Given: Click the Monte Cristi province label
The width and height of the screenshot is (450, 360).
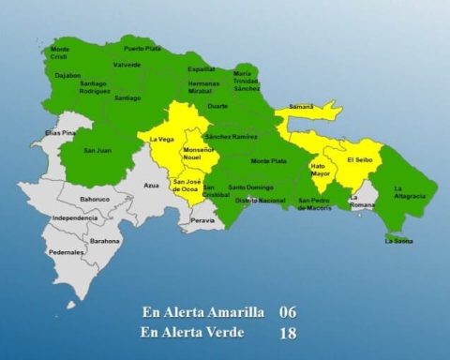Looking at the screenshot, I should [60, 52].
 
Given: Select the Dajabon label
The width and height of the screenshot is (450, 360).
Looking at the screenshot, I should [67, 74].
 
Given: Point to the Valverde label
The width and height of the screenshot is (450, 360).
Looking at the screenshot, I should [127, 65].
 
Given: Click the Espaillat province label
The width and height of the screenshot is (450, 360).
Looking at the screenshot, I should [201, 68].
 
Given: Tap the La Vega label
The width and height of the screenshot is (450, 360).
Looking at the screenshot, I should [161, 140].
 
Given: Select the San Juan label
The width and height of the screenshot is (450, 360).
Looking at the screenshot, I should [97, 150].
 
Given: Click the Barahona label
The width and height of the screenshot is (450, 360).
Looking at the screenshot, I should [105, 241].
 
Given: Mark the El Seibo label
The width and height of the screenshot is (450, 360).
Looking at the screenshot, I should [360, 159].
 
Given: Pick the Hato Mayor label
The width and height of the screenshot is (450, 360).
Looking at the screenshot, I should [321, 170].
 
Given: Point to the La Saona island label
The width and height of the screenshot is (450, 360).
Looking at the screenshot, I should [398, 240].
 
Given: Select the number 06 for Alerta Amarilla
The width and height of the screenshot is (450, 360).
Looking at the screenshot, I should [288, 311].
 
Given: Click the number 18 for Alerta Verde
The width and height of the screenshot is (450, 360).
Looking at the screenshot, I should [288, 332].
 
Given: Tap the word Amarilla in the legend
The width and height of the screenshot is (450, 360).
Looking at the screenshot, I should [232, 311].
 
